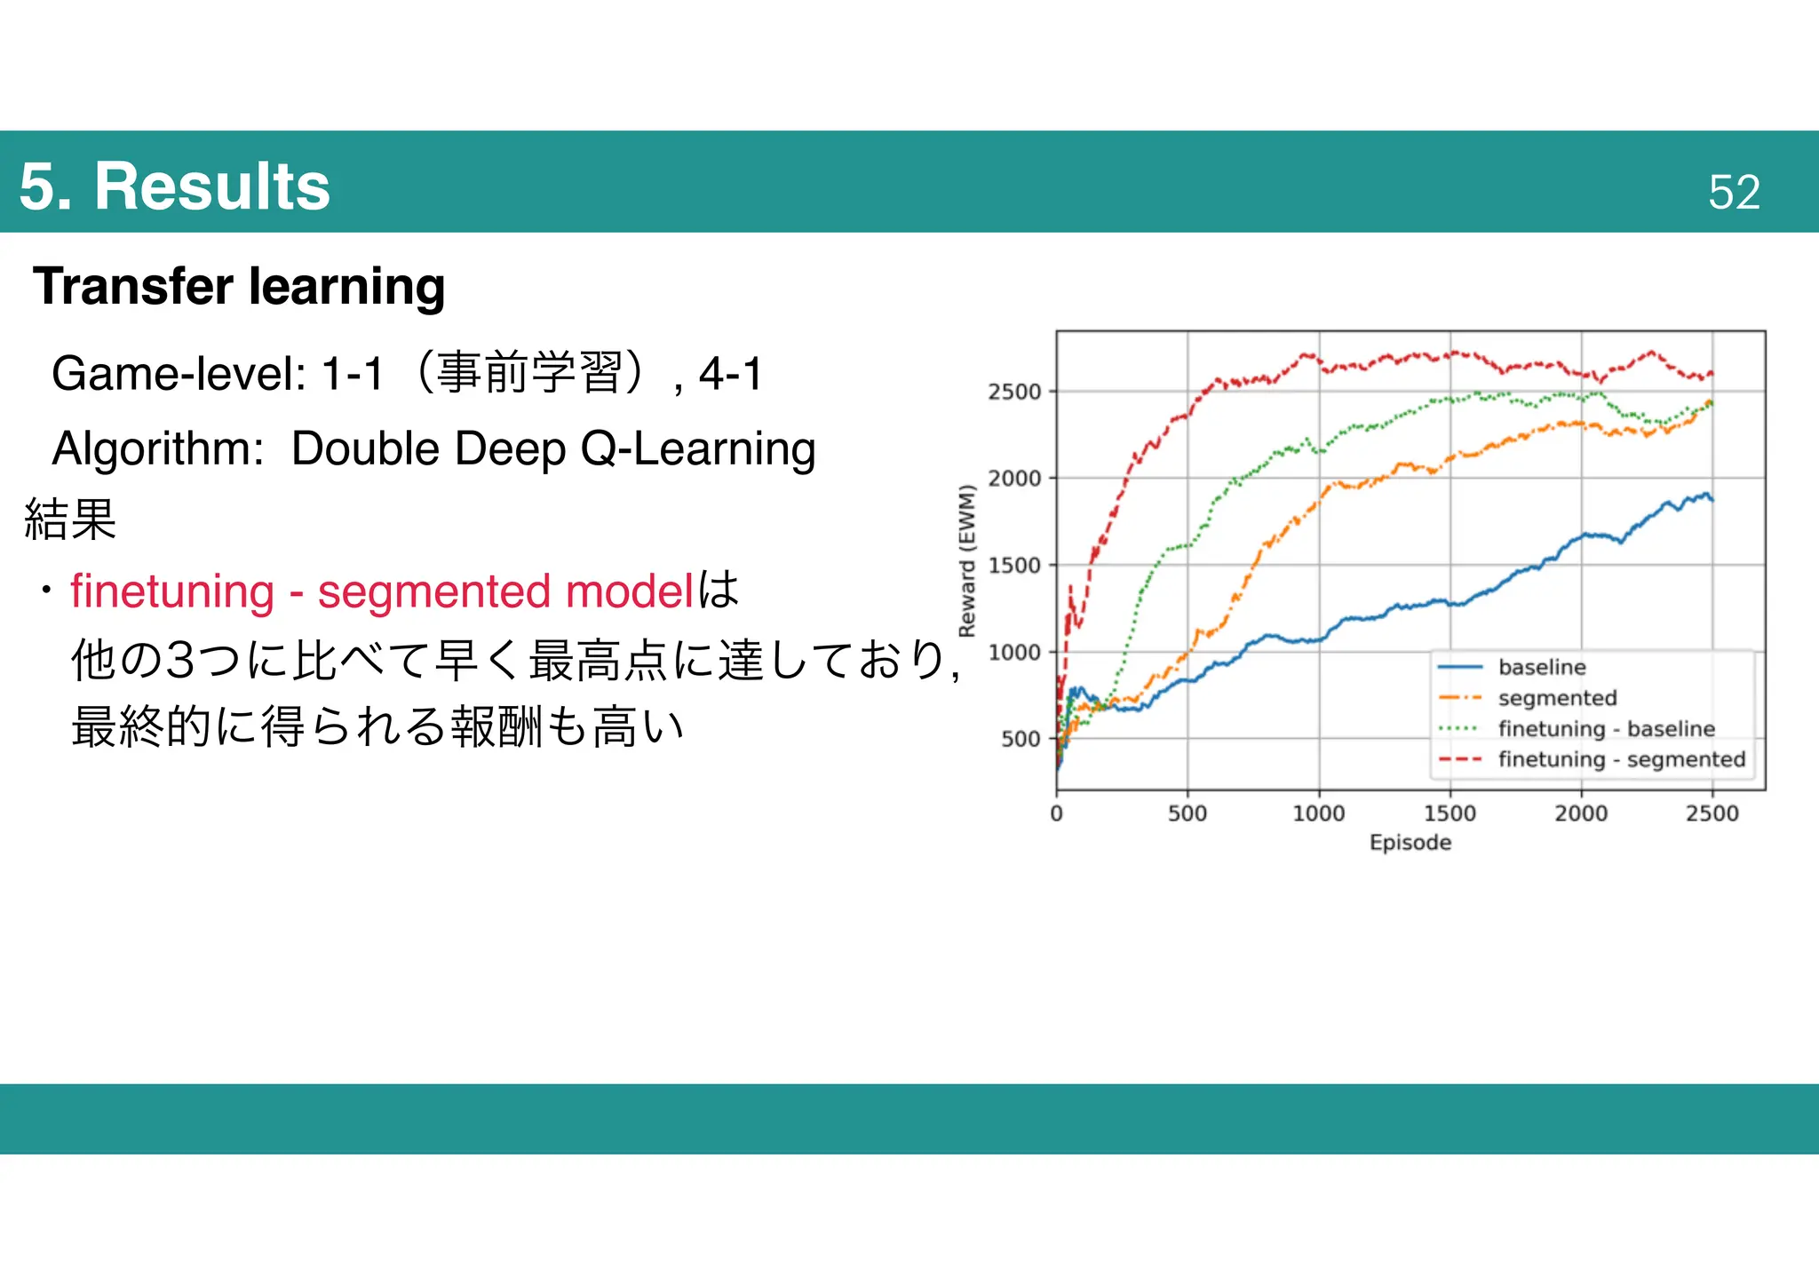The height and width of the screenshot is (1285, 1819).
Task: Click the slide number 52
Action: pos(1733,192)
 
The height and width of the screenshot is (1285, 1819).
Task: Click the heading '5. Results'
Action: pos(174,186)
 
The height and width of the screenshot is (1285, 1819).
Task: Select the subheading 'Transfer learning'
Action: pos(239,286)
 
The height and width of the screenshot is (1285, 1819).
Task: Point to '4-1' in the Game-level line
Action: pos(730,373)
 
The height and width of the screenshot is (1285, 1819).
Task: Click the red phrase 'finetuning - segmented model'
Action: pos(381,591)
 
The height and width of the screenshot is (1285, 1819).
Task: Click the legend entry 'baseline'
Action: pos(1541,667)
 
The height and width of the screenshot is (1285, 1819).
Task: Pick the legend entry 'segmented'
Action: pos(1557,698)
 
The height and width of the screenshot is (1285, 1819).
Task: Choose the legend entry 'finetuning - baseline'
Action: pos(1606,729)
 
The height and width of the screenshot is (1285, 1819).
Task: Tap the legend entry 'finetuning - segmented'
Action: pos(1621,759)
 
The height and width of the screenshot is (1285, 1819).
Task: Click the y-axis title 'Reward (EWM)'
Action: pos(967,560)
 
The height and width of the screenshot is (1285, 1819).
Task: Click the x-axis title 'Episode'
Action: pos(1410,842)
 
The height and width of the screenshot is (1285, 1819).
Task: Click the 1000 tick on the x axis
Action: pos(1318,813)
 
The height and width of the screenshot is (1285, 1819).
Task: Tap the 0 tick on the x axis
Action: pos(1056,813)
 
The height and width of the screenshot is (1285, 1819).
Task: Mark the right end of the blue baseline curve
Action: pos(1712,500)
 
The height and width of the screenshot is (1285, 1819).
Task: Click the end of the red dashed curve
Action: pos(1712,374)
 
